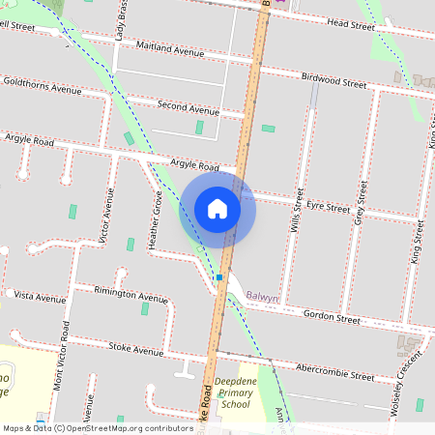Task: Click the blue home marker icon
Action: pyautogui.click(x=217, y=209)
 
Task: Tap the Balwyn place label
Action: pyautogui.click(x=261, y=298)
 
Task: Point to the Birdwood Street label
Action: pyautogui.click(x=334, y=81)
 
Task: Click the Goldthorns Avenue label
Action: pyautogui.click(x=42, y=88)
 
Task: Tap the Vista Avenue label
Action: pyautogui.click(x=40, y=295)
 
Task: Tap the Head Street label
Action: pyautogui.click(x=350, y=23)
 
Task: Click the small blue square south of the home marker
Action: pyautogui.click(x=219, y=277)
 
